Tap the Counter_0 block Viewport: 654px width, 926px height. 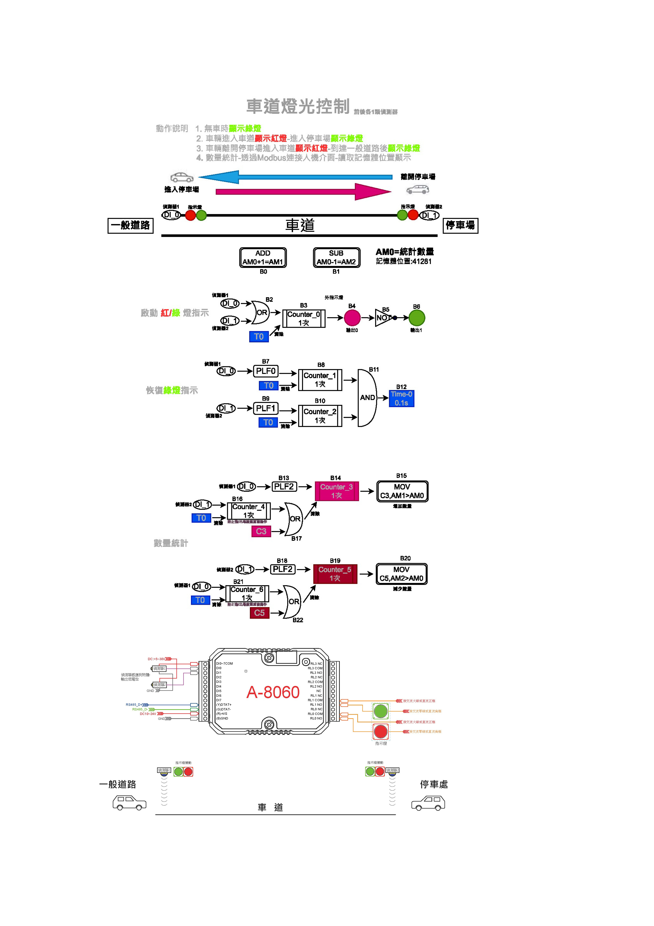pyautogui.click(x=304, y=318)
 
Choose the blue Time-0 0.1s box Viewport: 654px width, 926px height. pyautogui.click(x=401, y=398)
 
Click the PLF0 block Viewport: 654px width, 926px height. pyautogui.click(x=266, y=371)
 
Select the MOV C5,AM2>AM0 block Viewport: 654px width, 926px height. pyautogui.click(x=401, y=574)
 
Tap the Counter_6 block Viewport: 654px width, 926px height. pyautogui.click(x=247, y=594)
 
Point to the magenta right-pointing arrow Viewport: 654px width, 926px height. pyautogui.click(x=303, y=192)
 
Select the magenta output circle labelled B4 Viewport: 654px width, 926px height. pyautogui.click(x=352, y=318)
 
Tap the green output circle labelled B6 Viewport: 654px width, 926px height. pyautogui.click(x=417, y=318)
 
